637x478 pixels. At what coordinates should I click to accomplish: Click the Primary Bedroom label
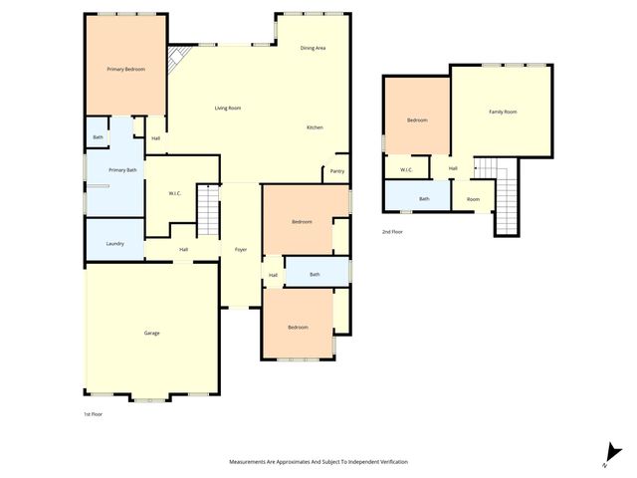click(x=126, y=69)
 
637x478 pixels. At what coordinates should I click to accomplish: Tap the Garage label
click(x=151, y=333)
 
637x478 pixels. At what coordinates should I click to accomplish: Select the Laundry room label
click(x=114, y=244)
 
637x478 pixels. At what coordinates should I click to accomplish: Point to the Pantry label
click(x=337, y=170)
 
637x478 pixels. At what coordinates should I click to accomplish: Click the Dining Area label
click(x=314, y=48)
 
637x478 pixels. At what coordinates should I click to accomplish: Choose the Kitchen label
click(x=315, y=127)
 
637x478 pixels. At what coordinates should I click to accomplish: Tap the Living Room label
click(x=228, y=108)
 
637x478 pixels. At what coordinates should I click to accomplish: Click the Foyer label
click(x=240, y=249)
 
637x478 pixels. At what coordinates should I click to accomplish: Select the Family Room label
click(x=503, y=112)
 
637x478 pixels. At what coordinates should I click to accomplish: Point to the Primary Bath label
click(x=122, y=170)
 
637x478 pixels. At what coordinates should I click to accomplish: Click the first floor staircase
click(x=207, y=210)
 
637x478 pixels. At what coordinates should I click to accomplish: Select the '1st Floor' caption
click(x=92, y=413)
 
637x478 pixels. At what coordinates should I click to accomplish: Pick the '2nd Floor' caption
click(x=392, y=231)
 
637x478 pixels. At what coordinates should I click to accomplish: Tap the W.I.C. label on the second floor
click(x=406, y=169)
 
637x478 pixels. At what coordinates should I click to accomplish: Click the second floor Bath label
click(x=424, y=198)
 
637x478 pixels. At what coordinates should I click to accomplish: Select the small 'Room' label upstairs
click(x=473, y=198)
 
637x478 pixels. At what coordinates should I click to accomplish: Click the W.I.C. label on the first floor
click(x=173, y=193)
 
